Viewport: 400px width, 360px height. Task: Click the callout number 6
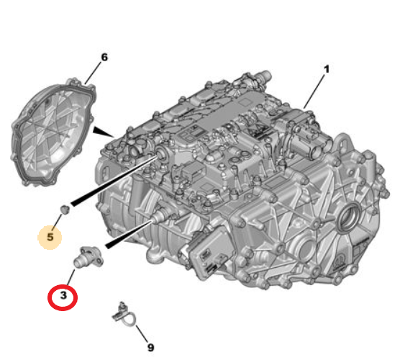click(104, 57)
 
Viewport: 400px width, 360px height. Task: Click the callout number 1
click(327, 69)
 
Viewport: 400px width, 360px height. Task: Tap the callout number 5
click(50, 237)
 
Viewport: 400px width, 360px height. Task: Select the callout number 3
click(63, 295)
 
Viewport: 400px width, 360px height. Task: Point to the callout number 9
click(151, 348)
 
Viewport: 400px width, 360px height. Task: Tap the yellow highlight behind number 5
click(50, 237)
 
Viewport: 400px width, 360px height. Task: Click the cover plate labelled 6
click(53, 132)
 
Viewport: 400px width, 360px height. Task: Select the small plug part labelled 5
click(65, 210)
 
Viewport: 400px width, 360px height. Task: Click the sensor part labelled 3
click(88, 257)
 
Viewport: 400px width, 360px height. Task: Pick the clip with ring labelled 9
click(124, 315)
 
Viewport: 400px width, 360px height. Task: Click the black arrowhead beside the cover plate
click(103, 132)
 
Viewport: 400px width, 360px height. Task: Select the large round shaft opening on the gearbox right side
click(349, 217)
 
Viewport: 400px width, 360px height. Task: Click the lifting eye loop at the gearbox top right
click(344, 145)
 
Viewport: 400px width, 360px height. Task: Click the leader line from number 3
click(71, 277)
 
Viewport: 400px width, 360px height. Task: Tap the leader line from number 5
click(58, 221)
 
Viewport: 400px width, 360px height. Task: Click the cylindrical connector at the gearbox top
click(262, 76)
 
